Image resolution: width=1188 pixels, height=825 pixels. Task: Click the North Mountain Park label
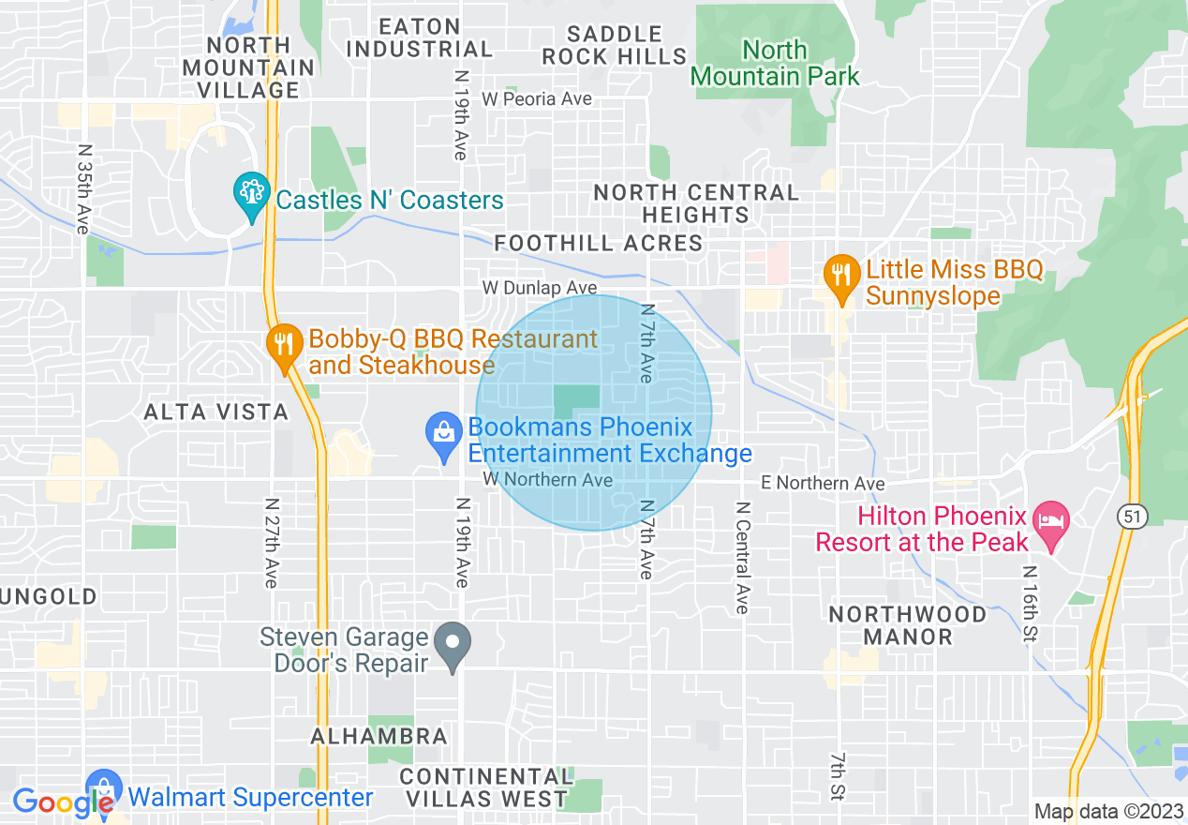click(x=775, y=63)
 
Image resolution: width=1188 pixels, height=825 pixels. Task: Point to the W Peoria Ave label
click(x=537, y=99)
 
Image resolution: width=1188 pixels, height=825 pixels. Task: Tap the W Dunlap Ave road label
click(x=540, y=288)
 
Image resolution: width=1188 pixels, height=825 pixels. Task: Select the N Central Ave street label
click(x=742, y=558)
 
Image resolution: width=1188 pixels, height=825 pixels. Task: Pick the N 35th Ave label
click(x=82, y=188)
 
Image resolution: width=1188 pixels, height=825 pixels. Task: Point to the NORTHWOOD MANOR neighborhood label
click(x=907, y=625)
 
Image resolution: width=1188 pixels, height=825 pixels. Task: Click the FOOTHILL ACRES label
click(x=598, y=244)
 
